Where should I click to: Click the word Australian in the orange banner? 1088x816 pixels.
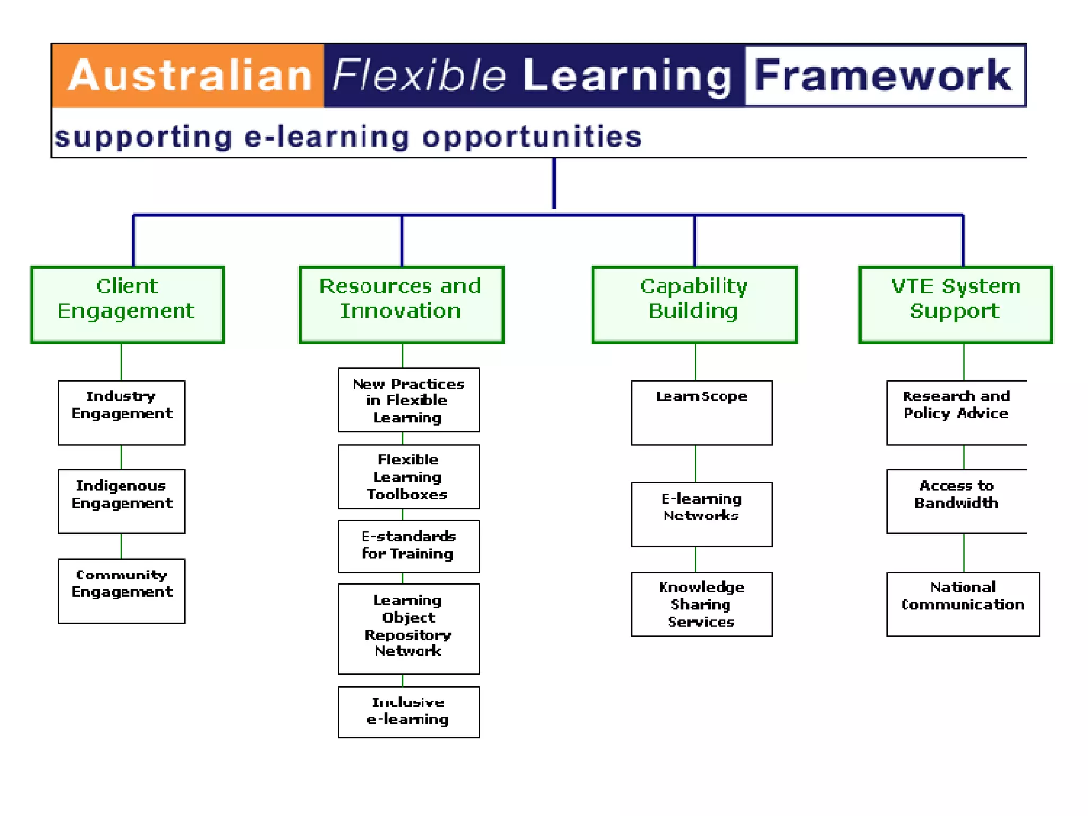[190, 76]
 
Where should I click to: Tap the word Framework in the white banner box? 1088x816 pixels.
[883, 76]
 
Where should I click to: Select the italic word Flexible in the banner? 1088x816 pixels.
[419, 76]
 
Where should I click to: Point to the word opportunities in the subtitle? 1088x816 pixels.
[532, 137]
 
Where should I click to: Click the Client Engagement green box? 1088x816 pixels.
[127, 304]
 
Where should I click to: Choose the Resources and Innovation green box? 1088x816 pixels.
[401, 304]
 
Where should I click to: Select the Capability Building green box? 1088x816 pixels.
[694, 304]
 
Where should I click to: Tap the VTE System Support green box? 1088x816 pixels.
[955, 304]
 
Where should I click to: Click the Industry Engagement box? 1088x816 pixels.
[122, 412]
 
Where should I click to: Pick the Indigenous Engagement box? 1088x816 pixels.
[122, 501]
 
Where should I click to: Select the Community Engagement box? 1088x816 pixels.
[122, 590]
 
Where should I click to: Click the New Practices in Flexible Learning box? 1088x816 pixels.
[409, 400]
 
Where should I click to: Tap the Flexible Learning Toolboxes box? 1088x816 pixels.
[409, 477]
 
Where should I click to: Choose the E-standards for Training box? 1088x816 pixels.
[409, 546]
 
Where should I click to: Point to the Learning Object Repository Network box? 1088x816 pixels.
[409, 628]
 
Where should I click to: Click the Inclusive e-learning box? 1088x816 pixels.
[409, 712]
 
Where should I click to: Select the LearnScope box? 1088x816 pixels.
[701, 412]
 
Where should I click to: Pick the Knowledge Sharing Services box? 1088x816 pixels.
[701, 604]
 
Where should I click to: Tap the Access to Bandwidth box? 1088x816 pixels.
[956, 501]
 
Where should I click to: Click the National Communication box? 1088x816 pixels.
[963, 604]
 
